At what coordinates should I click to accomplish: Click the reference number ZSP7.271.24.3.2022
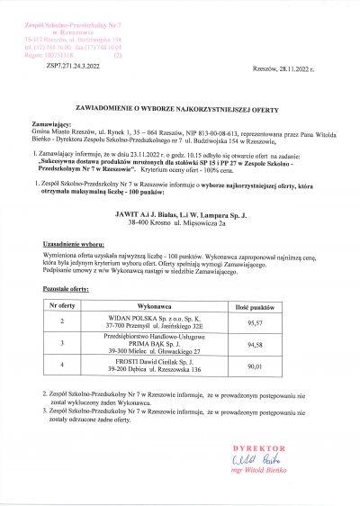point(70,67)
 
